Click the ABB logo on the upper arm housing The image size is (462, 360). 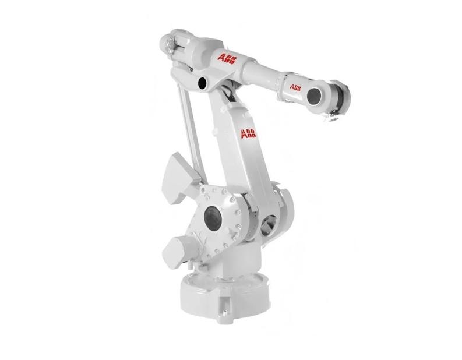click(227, 59)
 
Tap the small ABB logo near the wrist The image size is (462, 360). click(295, 87)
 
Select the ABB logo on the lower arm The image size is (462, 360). click(249, 134)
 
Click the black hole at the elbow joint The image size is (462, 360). click(202, 83)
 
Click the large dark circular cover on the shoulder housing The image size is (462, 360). click(213, 218)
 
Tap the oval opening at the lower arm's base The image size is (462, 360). click(267, 225)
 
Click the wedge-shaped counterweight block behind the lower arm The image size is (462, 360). click(180, 178)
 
